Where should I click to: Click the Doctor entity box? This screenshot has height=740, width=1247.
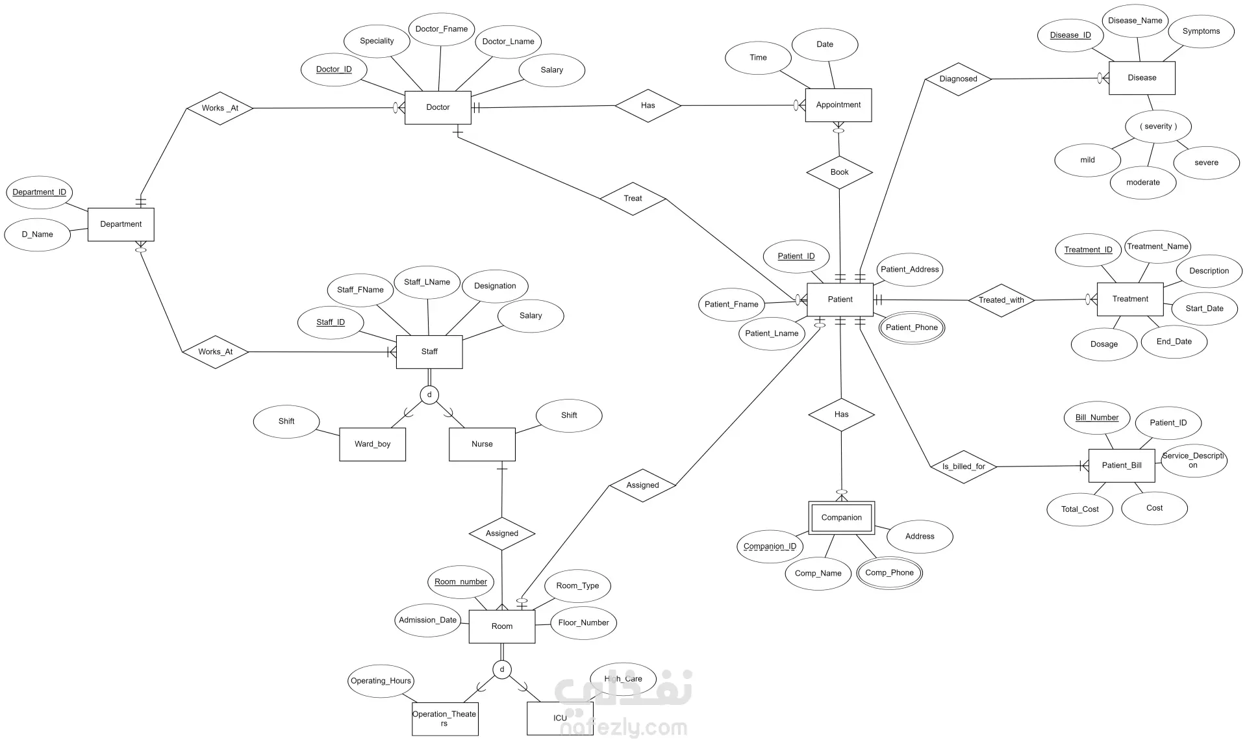[438, 107]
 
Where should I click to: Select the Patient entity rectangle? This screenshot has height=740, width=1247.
[840, 300]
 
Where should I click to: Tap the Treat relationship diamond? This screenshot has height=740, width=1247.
[633, 198]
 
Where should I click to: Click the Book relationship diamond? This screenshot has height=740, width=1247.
[839, 172]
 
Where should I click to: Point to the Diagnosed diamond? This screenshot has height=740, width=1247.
[958, 79]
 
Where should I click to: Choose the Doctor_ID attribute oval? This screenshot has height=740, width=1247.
[334, 70]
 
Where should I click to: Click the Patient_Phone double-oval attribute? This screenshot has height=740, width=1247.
[911, 327]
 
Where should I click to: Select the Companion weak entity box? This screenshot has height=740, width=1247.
[841, 518]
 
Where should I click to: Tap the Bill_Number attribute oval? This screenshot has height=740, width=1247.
[1097, 418]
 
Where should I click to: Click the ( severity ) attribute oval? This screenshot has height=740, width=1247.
[1159, 127]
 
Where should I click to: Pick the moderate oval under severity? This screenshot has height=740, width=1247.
[1143, 183]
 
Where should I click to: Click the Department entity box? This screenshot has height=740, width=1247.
[121, 224]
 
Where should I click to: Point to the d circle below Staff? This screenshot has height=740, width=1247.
[429, 394]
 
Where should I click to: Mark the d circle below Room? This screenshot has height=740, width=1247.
[502, 669]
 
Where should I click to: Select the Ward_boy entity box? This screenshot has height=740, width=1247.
[372, 444]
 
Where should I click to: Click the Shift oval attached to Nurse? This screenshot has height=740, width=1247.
[569, 415]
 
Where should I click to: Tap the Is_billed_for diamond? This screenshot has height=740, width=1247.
[963, 466]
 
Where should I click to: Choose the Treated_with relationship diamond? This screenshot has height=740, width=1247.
[1001, 300]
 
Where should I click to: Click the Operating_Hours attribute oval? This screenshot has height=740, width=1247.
[381, 681]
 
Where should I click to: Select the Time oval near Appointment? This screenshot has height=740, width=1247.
[758, 58]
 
